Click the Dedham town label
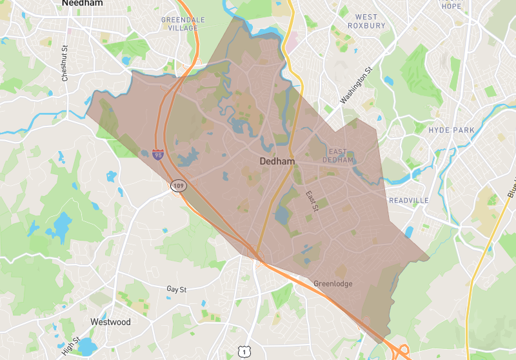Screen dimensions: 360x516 click(277, 161)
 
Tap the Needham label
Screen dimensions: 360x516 click(82, 4)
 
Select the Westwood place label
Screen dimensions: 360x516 click(110, 322)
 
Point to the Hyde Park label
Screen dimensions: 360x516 click(451, 130)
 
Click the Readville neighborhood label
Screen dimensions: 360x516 click(408, 201)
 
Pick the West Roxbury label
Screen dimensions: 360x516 click(366, 21)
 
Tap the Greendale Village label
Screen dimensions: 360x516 click(183, 24)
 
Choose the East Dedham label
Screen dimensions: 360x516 click(338, 155)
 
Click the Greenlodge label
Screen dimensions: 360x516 click(333, 284)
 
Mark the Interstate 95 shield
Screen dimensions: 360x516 click(158, 154)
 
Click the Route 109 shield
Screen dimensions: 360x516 click(178, 186)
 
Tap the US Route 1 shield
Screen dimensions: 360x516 click(243, 351)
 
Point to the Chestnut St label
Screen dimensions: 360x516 click(64, 64)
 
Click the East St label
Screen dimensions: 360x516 click(312, 201)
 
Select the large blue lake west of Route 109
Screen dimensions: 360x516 click(62, 225)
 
